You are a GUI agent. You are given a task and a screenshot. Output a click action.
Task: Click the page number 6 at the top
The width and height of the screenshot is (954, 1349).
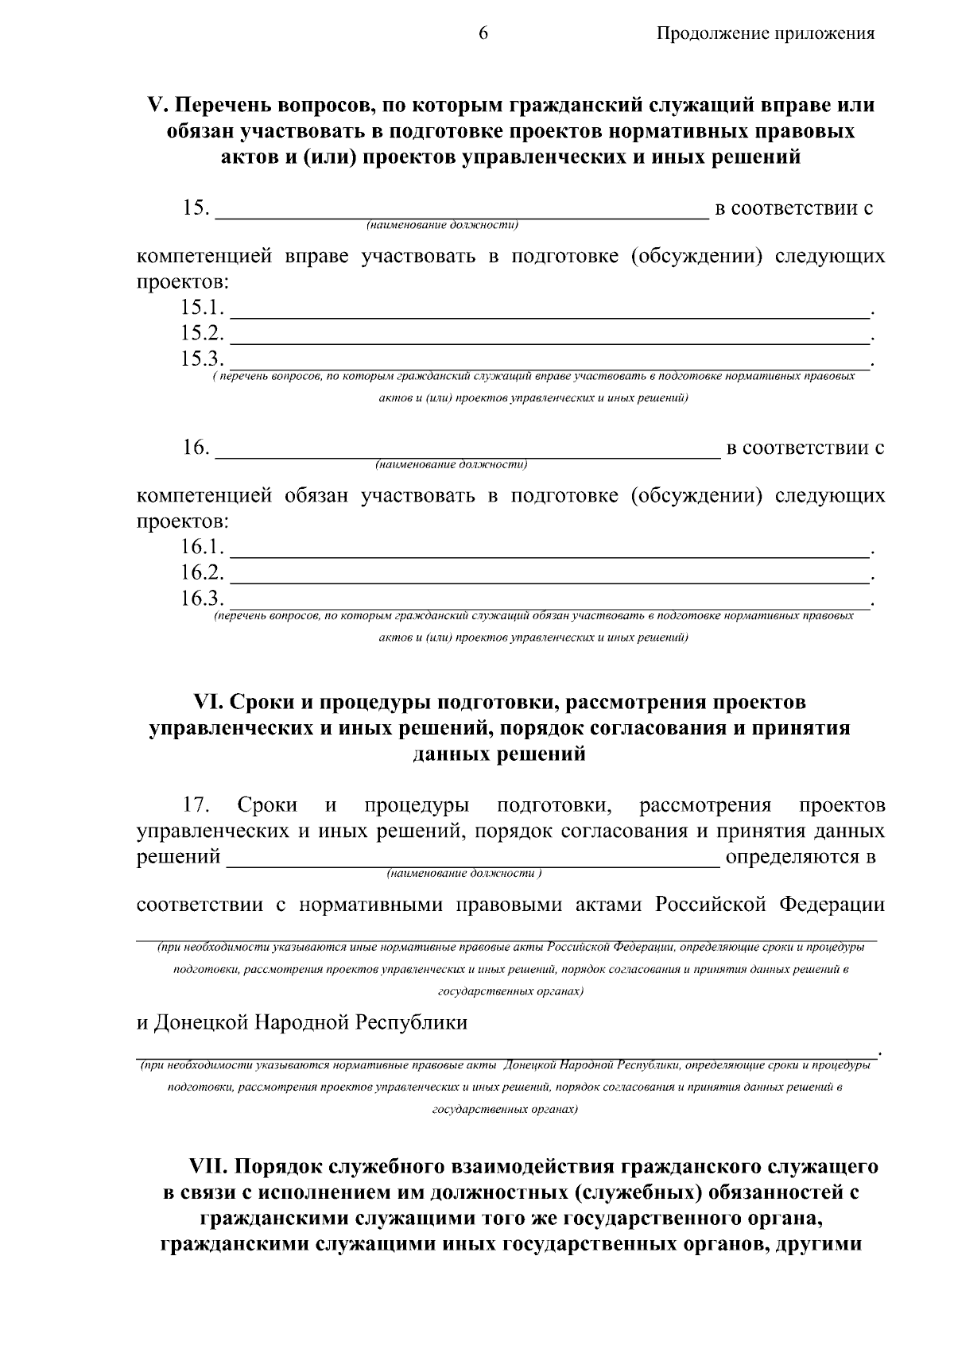tap(483, 33)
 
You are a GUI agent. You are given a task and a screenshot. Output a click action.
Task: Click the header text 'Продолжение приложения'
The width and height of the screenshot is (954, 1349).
tap(766, 33)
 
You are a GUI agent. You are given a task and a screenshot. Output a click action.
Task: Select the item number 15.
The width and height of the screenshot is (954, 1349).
tap(196, 209)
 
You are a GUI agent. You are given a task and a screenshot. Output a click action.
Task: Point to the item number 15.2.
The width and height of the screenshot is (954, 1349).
tap(202, 333)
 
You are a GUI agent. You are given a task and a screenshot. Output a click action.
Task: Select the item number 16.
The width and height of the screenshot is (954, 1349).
tap(196, 448)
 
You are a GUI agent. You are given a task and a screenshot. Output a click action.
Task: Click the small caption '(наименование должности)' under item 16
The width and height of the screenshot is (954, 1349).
tap(452, 463)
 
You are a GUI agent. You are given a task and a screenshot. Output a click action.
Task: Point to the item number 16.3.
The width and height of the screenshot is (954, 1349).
tap(202, 598)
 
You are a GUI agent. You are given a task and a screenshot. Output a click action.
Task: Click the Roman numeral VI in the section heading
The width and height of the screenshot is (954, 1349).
tap(209, 703)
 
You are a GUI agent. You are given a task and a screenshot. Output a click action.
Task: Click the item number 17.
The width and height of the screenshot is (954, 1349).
tap(196, 806)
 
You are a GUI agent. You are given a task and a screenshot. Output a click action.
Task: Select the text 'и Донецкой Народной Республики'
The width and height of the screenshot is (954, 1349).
tap(302, 1022)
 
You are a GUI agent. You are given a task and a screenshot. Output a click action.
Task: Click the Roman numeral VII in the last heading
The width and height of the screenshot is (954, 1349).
tap(209, 1167)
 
